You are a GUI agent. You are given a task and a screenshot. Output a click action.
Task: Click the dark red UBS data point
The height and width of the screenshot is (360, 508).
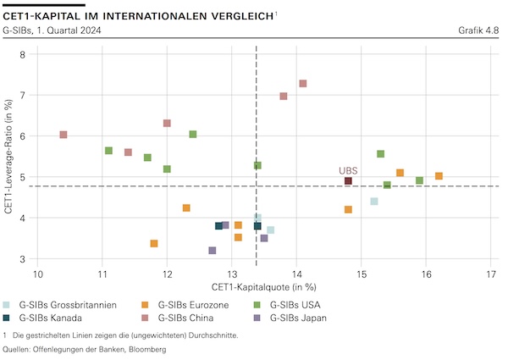tap(348, 181)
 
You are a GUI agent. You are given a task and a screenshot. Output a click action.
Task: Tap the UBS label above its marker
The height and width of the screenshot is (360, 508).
tap(348, 170)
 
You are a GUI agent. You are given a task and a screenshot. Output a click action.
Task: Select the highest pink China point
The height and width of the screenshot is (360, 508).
tap(303, 84)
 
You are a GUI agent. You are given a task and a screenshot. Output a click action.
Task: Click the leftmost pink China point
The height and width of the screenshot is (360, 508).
tap(63, 135)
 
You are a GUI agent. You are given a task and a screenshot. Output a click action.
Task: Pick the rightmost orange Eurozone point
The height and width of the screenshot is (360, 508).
tap(439, 176)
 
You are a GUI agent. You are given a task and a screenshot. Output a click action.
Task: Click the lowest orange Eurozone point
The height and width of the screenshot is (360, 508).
tap(154, 244)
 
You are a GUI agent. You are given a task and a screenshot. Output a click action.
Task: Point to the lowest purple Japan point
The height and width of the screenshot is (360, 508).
tap(213, 251)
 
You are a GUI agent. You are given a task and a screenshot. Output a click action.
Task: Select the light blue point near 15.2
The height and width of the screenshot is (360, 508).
tap(374, 202)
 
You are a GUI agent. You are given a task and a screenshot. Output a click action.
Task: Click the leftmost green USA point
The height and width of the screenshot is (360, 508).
tap(108, 151)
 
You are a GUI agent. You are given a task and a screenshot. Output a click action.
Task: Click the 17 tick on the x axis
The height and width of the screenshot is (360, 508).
tap(492, 274)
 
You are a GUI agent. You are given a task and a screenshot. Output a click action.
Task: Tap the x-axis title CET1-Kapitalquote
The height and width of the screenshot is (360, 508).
tap(263, 287)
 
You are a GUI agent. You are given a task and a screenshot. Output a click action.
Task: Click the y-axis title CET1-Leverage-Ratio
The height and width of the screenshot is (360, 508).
tap(8, 157)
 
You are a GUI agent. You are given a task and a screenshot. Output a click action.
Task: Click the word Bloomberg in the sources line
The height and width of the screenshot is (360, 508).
tap(141, 349)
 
